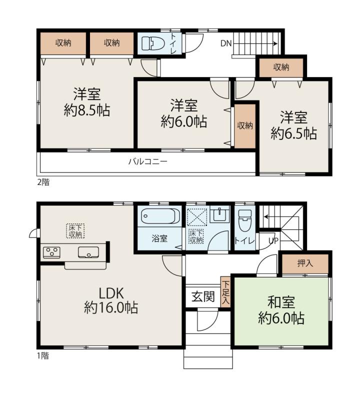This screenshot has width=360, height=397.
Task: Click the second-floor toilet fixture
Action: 153,43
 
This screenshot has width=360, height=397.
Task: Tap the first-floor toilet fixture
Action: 245,220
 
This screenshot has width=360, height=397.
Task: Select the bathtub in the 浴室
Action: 160,216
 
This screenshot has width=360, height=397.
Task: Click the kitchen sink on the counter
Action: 88,252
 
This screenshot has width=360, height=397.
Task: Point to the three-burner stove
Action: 51,252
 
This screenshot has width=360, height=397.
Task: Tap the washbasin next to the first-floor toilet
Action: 219,215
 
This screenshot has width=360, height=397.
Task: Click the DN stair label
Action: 226,43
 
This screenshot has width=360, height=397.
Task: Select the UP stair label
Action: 273,240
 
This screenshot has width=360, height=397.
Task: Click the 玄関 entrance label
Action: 203,296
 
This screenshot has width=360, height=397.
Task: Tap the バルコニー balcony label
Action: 148,161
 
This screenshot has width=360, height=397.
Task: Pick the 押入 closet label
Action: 305,263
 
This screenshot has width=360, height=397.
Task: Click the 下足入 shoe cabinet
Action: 225,292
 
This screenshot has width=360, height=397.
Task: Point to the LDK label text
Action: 111,293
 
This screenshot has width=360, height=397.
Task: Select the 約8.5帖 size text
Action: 87,110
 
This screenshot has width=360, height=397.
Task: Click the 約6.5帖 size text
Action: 293,133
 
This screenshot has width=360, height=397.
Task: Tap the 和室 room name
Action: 281,302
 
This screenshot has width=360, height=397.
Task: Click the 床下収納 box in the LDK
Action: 75,230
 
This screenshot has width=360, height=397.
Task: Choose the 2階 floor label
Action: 43,182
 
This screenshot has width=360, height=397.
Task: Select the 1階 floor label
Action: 43,355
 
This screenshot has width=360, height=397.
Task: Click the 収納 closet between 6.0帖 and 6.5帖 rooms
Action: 245,126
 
